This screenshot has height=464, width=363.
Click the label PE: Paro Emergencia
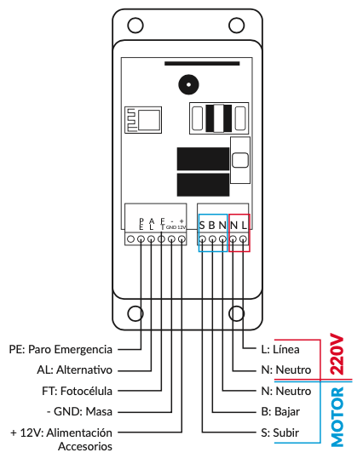(60, 349)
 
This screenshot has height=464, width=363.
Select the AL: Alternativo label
(75, 369)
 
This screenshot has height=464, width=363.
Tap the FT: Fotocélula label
(78, 391)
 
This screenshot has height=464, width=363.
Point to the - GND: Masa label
(79, 411)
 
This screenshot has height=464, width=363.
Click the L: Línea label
(280, 349)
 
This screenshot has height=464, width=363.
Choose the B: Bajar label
(280, 411)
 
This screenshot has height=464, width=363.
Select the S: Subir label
(280, 433)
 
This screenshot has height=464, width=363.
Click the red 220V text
(337, 354)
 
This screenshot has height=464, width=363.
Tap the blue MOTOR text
(337, 416)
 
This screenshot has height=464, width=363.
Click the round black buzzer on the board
(188, 84)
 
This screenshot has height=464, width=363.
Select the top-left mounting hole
(135, 26)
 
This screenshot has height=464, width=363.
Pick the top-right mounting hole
(237, 26)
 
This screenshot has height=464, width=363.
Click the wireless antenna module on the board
(143, 120)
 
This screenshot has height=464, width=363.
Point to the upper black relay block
(203, 159)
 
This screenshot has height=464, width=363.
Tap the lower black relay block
(203, 185)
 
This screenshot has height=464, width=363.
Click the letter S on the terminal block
(202, 226)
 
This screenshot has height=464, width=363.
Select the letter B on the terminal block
(212, 226)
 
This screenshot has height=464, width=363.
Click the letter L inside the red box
(244, 226)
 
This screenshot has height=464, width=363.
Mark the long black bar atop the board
(202, 63)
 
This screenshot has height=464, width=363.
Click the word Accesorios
(85, 446)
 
